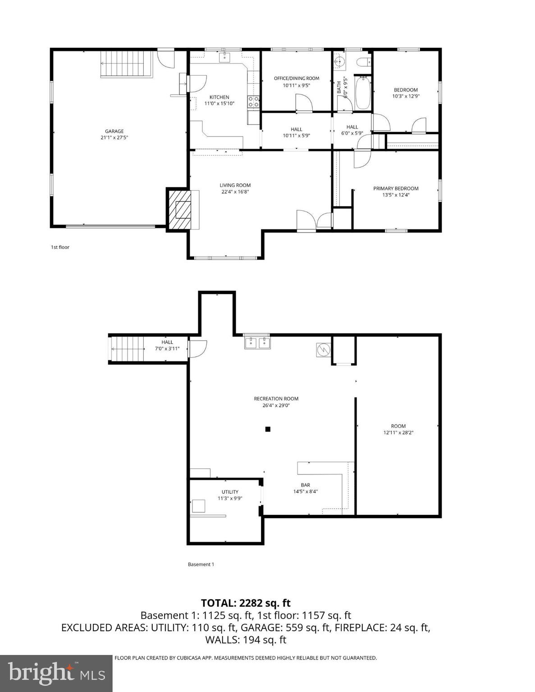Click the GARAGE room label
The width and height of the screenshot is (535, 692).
(114, 132)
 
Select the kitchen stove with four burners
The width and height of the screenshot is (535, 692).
(253, 102)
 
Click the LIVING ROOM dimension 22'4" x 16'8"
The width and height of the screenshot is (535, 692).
(235, 192)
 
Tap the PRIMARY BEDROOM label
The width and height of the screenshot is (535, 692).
(395, 188)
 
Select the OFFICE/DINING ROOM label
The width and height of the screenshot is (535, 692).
(296, 78)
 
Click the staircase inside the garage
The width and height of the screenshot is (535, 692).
(125, 64)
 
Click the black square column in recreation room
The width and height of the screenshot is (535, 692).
(267, 429)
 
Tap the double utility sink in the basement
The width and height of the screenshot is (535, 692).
(257, 343)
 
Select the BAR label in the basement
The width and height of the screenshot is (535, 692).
(305, 485)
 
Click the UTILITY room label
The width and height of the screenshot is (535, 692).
(230, 492)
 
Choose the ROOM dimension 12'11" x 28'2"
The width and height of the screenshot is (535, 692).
(398, 433)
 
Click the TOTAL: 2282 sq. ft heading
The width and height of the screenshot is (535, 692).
(246, 603)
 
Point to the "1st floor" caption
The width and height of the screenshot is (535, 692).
(60, 247)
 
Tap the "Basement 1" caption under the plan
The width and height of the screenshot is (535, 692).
(201, 565)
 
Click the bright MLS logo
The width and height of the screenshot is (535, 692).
(56, 673)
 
